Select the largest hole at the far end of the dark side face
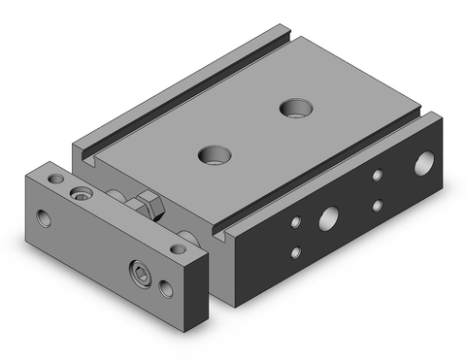pos(424,164)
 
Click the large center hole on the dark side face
pos(329,215)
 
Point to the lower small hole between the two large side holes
pos(378,205)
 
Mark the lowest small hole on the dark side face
pos(295,252)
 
